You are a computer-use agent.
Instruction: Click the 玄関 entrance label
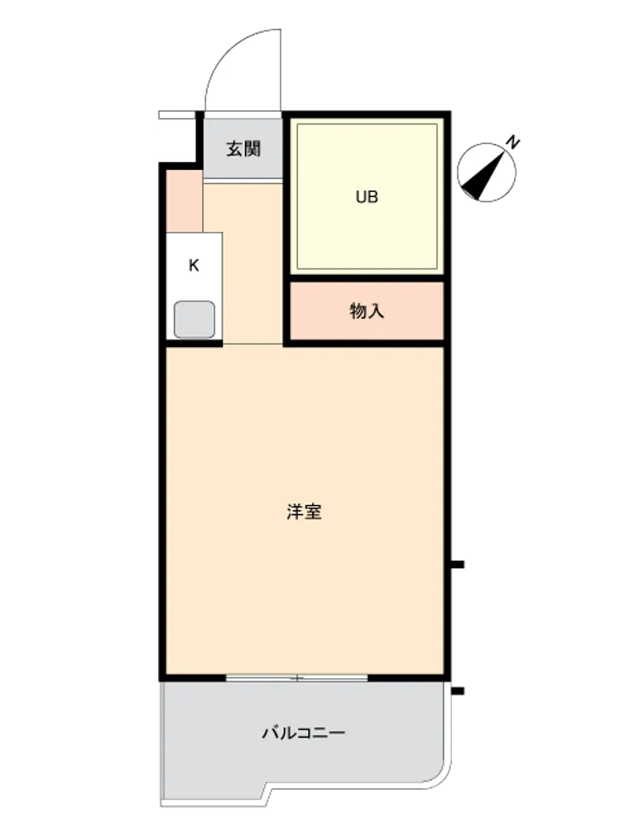(243, 149)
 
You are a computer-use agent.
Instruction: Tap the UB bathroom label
(367, 197)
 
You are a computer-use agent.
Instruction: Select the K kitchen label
(194, 265)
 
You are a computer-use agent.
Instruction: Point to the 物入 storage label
(367, 311)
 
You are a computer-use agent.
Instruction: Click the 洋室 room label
(304, 512)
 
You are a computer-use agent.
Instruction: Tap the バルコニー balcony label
(304, 733)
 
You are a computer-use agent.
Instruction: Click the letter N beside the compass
(513, 142)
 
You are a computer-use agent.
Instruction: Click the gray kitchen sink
(195, 320)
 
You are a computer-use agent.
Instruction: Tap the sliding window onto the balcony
(296, 677)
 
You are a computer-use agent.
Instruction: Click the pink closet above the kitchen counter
(185, 200)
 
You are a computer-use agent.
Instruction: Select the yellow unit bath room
(367, 196)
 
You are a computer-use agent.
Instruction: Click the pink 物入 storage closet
(367, 311)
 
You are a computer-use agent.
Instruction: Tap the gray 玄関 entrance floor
(243, 149)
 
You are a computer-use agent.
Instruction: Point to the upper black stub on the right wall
(457, 565)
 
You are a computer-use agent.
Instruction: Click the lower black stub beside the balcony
(457, 691)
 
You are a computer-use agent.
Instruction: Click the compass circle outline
(486, 172)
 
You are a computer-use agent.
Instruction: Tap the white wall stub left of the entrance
(177, 115)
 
